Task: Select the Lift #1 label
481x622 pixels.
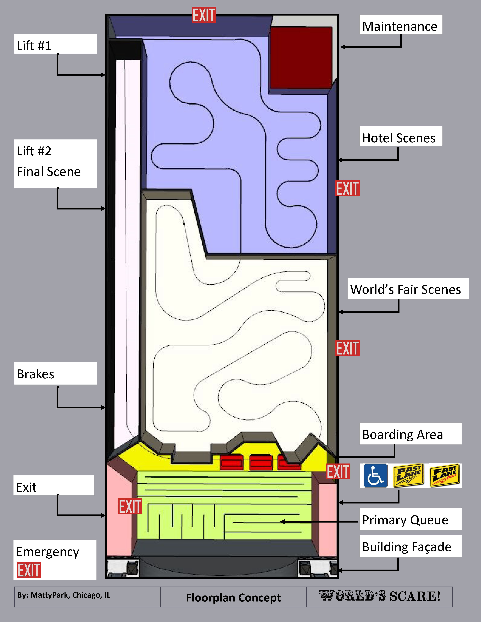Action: pyautogui.click(x=34, y=46)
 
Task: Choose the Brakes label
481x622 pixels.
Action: pyautogui.click(x=35, y=374)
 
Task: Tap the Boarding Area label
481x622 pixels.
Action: pyautogui.click(x=402, y=435)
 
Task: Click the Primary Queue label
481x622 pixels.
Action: pyautogui.click(x=405, y=520)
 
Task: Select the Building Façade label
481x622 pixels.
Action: pyautogui.click(x=407, y=547)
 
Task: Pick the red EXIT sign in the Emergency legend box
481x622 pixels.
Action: pyautogui.click(x=29, y=570)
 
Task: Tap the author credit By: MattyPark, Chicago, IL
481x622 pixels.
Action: pyautogui.click(x=63, y=595)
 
